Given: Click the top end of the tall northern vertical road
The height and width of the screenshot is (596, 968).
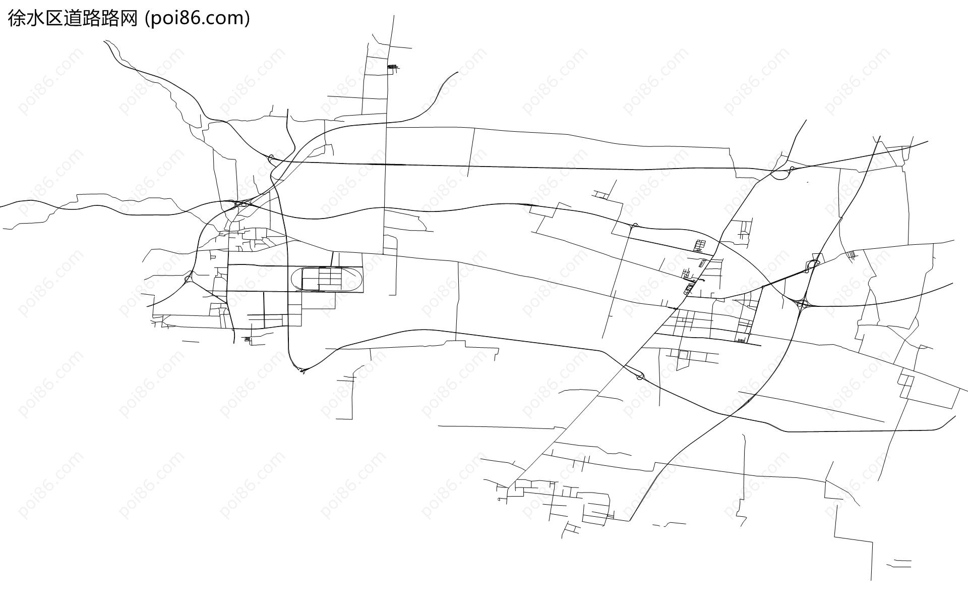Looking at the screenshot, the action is [x=394, y=15].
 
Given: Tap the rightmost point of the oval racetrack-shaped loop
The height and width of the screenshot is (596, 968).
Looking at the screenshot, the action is [x=362, y=279].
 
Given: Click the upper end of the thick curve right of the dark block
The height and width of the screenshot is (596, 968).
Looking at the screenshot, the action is [x=457, y=72].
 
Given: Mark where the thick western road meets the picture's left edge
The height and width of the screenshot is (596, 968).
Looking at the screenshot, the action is [x=1, y=206].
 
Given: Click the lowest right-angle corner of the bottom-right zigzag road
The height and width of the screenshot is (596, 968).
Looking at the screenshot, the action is [x=872, y=542].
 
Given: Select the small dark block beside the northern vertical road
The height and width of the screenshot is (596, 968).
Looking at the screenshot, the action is [x=392, y=67].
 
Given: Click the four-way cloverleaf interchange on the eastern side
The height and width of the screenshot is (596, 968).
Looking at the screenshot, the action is [x=801, y=304].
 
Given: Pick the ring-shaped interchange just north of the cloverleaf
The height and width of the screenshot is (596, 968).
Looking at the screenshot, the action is [x=813, y=264].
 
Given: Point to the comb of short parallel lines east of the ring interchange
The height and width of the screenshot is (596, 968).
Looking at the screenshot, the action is [x=852, y=255].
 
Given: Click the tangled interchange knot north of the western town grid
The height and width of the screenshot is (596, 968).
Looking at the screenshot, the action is [x=240, y=204].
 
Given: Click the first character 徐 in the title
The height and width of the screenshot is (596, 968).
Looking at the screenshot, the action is [x=16, y=19].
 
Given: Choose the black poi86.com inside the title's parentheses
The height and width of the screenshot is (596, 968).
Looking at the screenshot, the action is [x=197, y=19].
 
